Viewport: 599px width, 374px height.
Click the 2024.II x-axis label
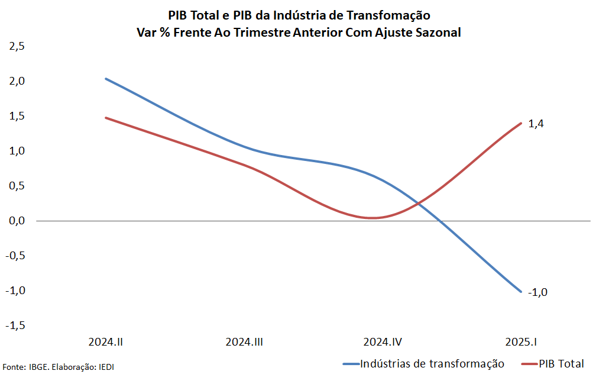coord(106,342)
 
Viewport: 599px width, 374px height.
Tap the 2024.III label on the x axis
coord(245,342)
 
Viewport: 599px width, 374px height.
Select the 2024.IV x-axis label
coord(383,342)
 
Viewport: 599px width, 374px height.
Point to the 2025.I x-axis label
coord(521,342)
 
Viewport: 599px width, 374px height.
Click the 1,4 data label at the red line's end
coord(536,124)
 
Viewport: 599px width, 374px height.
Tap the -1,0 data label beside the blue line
coord(537,292)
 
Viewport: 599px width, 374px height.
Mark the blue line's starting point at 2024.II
coord(106,79)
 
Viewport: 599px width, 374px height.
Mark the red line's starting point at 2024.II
coord(106,118)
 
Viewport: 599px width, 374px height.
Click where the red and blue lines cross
coord(419,204)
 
